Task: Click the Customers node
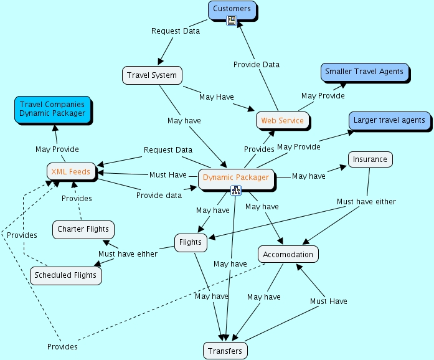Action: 232,9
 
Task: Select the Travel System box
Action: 152,75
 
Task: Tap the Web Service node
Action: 282,120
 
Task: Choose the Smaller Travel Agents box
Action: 364,72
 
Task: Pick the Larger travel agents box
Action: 389,120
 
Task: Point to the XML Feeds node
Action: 71,171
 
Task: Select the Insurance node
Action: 370,159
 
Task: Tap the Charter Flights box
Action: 83,229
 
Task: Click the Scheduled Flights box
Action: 65,275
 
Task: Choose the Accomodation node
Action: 288,254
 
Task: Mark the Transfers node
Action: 225,351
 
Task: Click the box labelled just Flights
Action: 190,242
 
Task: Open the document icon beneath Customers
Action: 232,21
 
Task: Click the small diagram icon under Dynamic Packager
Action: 236,190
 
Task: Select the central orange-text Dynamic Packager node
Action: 236,178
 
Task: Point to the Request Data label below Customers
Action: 176,31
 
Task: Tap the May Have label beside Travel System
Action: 215,97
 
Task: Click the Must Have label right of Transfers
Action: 329,301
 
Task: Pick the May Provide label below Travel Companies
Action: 57,149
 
